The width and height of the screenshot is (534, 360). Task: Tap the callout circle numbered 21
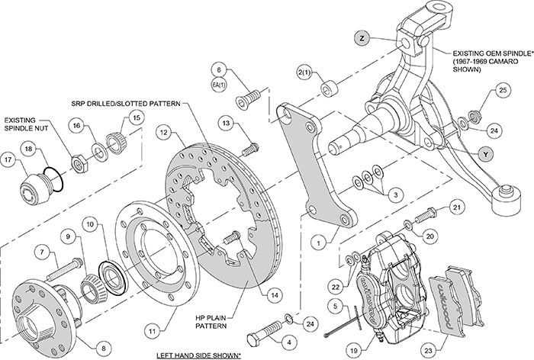pos(457,207)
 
